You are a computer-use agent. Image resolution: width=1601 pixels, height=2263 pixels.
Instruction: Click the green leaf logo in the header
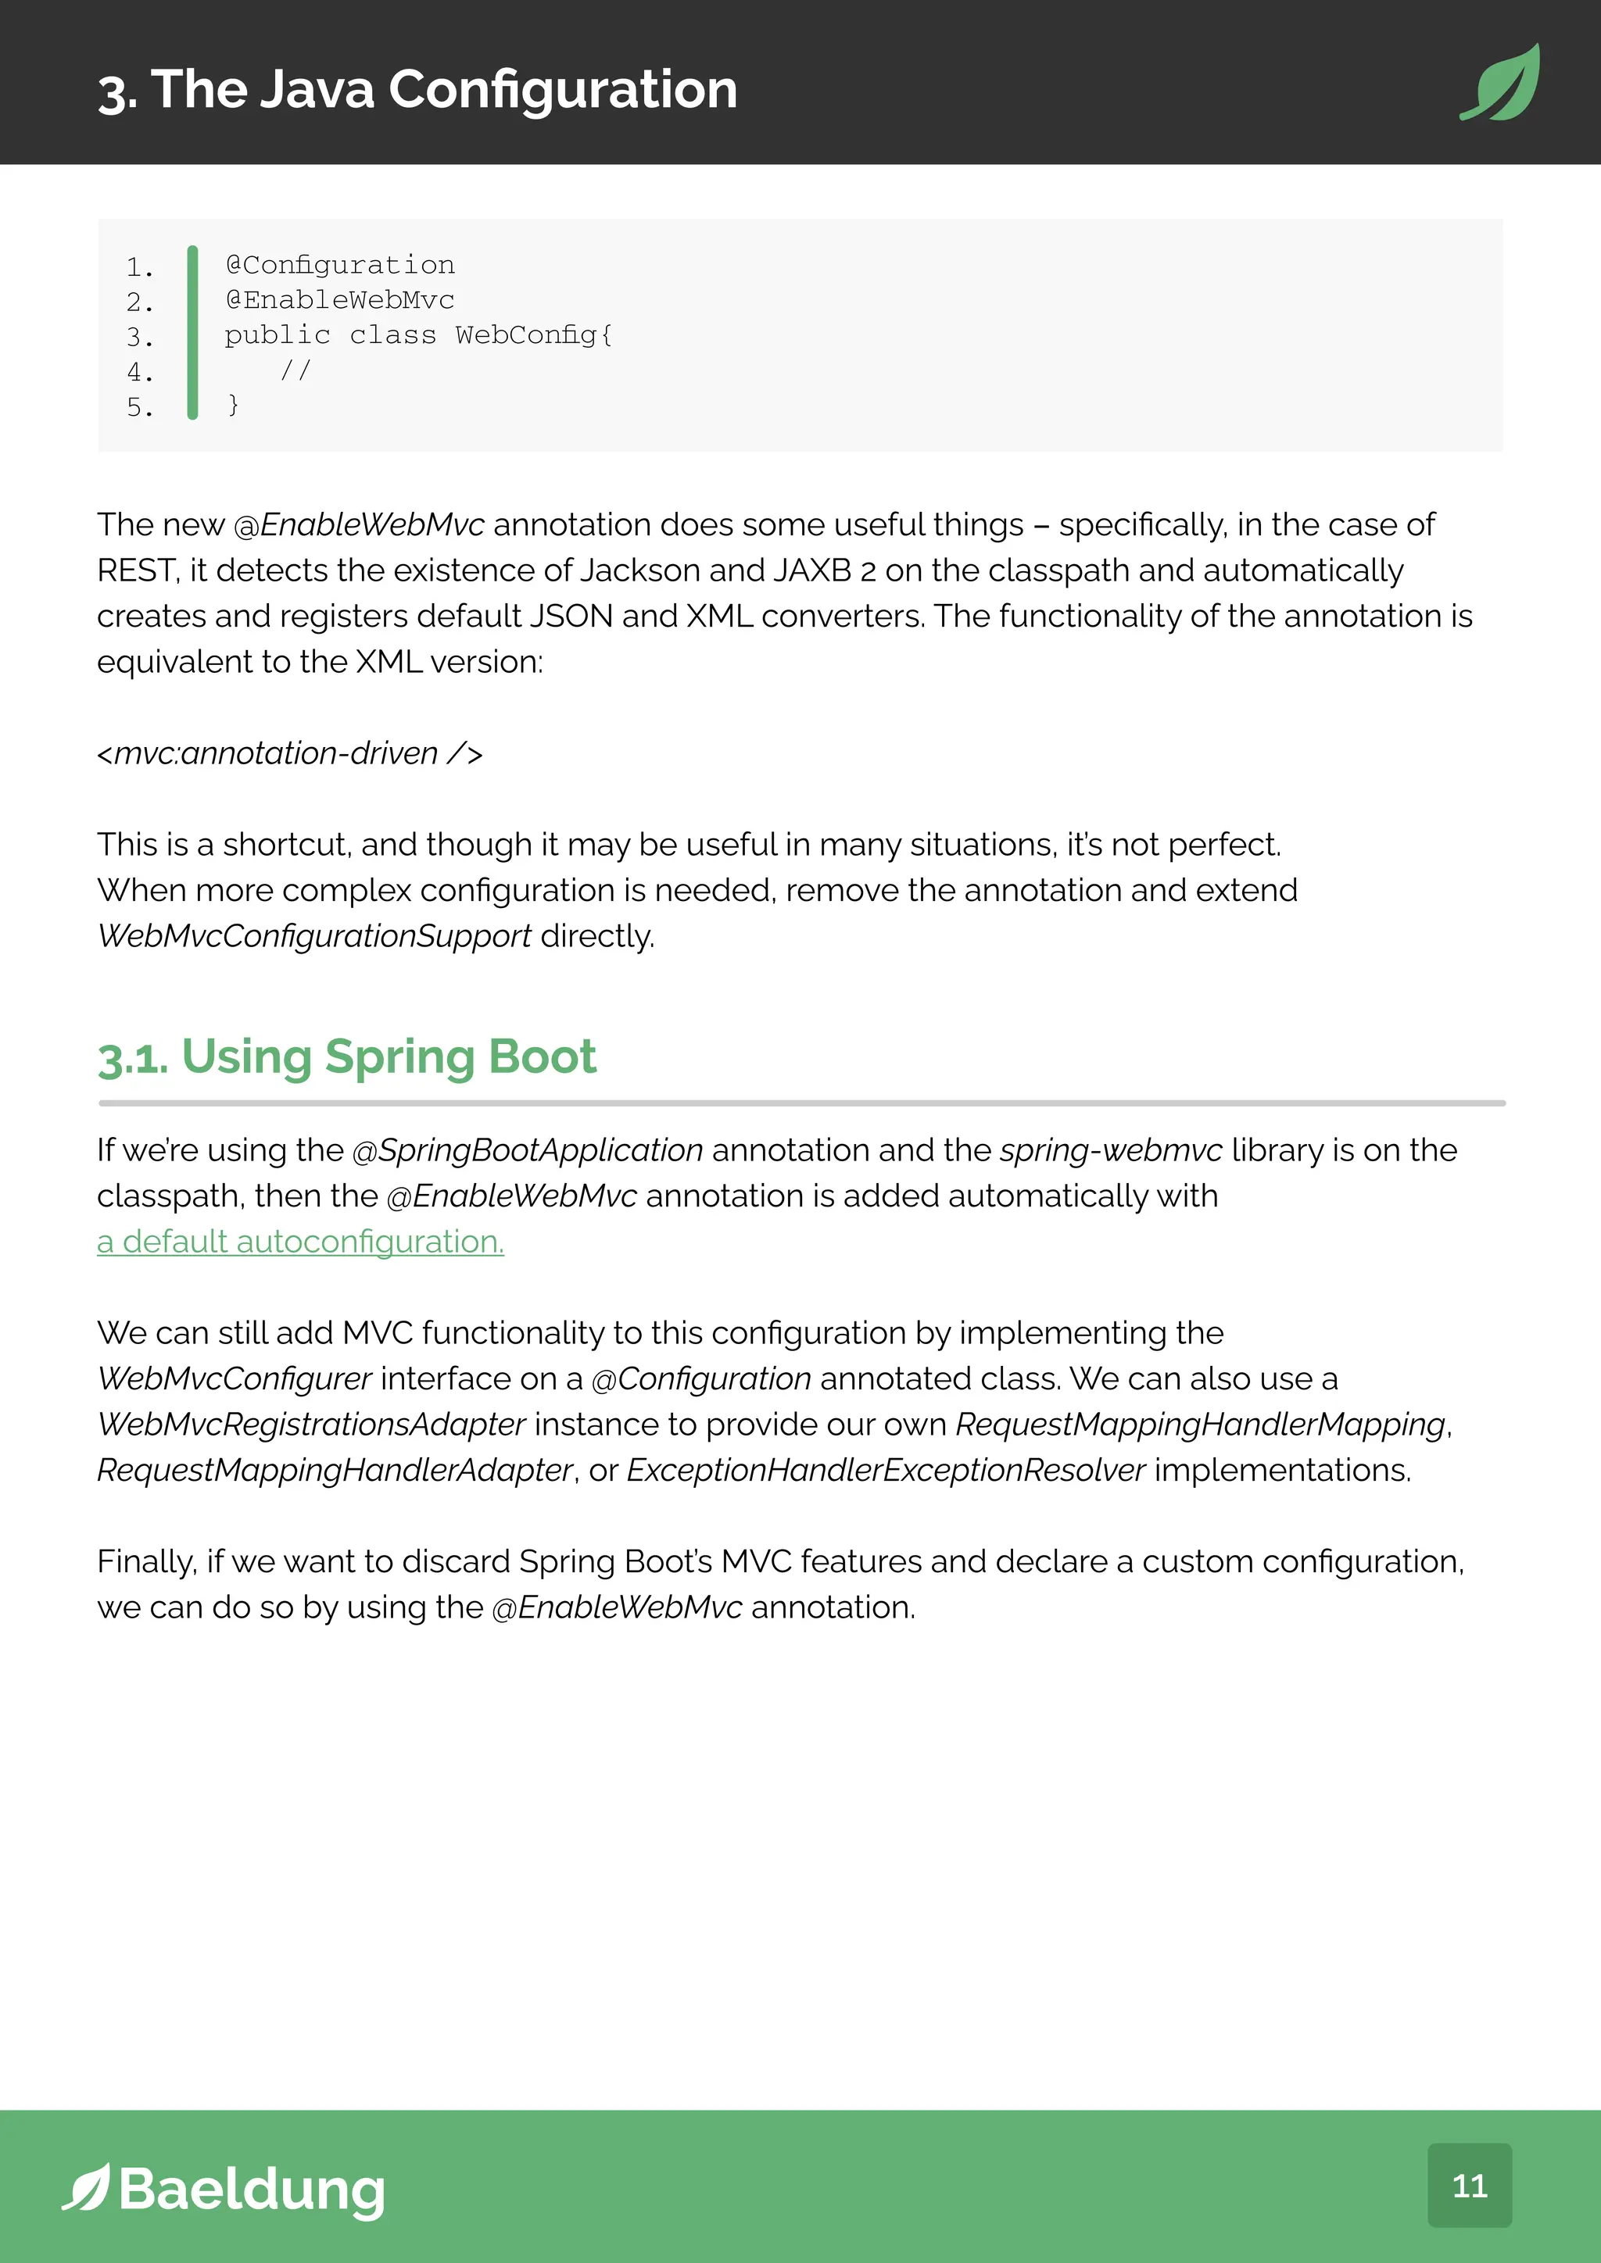point(1500,83)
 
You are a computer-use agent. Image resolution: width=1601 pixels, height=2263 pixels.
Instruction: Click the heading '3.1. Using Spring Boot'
point(346,1056)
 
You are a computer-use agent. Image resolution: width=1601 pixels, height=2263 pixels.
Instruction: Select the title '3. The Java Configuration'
point(417,90)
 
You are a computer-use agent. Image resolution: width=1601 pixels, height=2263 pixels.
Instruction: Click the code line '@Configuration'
point(340,265)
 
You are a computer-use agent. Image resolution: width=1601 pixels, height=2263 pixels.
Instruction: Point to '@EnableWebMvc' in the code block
point(340,299)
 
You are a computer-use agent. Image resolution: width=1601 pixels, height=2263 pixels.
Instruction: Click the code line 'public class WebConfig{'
point(418,335)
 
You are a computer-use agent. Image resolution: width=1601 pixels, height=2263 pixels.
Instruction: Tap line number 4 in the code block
point(139,373)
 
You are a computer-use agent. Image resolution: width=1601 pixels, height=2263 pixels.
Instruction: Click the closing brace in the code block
point(233,405)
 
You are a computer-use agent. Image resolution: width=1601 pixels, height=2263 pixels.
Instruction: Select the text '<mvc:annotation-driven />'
point(290,753)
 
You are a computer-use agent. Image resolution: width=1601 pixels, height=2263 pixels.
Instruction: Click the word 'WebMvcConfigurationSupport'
point(314,935)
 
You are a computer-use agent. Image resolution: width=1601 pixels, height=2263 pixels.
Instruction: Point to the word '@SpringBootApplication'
point(528,1149)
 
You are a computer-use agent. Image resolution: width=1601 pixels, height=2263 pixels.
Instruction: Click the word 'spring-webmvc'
point(1111,1149)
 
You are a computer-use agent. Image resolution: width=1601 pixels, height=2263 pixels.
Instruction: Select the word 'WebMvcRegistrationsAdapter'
point(312,1425)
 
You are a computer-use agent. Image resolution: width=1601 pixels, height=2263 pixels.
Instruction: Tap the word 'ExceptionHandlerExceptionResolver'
point(885,1470)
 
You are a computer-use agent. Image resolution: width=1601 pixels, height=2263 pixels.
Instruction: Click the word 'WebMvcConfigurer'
point(235,1378)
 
